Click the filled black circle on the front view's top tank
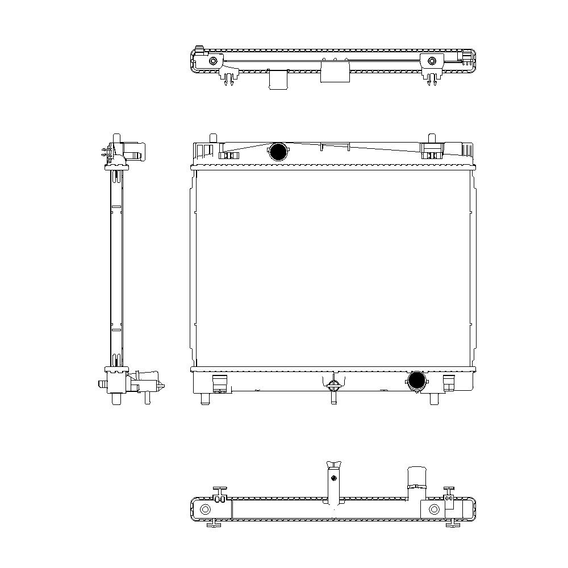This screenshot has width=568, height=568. click(278, 152)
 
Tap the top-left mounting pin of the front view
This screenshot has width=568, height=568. click(213, 138)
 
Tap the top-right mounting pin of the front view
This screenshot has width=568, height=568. click(432, 138)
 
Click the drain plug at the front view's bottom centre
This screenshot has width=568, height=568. click(333, 385)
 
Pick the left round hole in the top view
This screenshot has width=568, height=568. click(213, 61)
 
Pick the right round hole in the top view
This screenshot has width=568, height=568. click(432, 61)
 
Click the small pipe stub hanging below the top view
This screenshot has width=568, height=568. click(278, 80)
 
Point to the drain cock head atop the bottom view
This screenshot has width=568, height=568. click(334, 467)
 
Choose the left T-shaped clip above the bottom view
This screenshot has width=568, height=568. click(220, 490)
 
